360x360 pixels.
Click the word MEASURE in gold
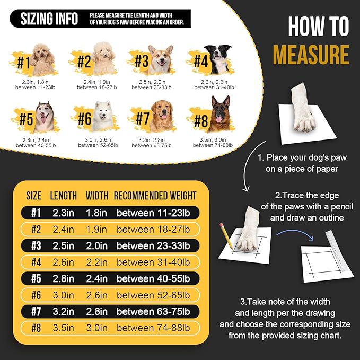tap(311, 55)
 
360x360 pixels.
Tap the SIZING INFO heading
tap(49, 19)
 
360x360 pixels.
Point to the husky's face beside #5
tap(45, 116)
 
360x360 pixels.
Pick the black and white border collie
tap(218, 59)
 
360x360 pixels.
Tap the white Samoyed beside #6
tap(103, 116)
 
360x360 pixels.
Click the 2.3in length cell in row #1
tap(64, 213)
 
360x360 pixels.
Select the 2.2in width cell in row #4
tap(96, 262)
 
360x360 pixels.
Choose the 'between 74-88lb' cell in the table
tap(153, 328)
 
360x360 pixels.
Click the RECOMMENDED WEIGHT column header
tap(155, 196)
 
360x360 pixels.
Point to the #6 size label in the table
tap(36, 295)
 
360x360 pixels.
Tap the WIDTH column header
tap(97, 196)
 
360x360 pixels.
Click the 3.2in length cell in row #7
tap(64, 312)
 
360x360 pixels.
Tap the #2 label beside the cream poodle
tap(84, 62)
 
